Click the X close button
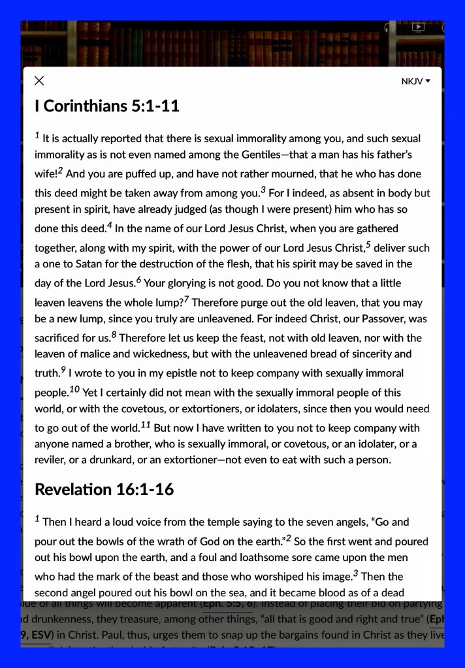[39, 81]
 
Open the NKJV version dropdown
[416, 82]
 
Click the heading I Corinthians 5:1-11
[106, 106]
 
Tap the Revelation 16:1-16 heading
[104, 489]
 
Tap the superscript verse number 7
[187, 299]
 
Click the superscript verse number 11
[146, 425]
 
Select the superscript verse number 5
[368, 245]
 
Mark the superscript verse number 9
[63, 370]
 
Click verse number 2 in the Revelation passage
[289, 538]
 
